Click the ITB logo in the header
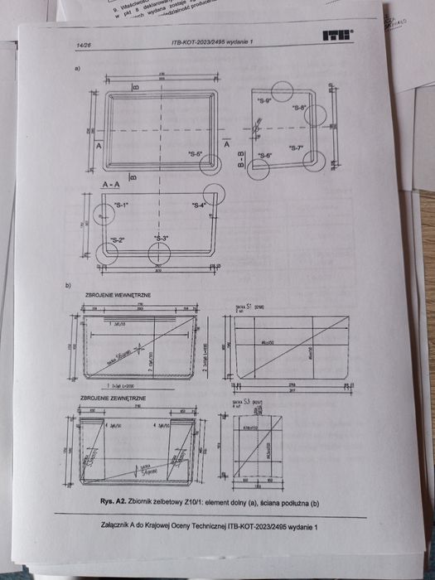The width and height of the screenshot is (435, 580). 339,36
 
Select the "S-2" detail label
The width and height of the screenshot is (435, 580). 118,240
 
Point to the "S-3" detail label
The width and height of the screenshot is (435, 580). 160,239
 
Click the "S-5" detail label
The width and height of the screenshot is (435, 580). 196,154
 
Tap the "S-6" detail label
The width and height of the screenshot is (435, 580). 264,156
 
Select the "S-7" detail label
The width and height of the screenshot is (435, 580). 297,148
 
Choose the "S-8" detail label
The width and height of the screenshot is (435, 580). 299,108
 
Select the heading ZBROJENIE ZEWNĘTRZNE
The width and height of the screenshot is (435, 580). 112,399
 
